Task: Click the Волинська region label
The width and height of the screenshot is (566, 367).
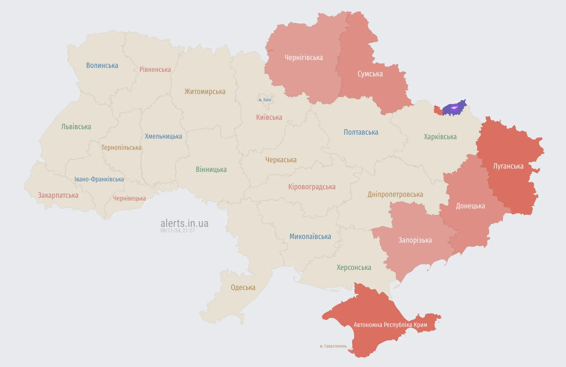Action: click(x=102, y=66)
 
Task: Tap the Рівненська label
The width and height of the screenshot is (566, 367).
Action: click(x=155, y=70)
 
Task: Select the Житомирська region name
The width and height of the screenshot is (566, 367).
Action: click(x=205, y=92)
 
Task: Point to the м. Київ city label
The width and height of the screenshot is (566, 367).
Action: click(x=265, y=100)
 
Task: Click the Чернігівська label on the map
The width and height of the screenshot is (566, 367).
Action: click(x=304, y=58)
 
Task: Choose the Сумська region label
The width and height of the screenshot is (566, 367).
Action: click(x=370, y=74)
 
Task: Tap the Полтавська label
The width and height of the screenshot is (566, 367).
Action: click(x=361, y=132)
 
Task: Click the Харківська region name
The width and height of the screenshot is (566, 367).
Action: click(x=440, y=137)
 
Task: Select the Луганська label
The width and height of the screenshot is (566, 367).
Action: click(x=508, y=166)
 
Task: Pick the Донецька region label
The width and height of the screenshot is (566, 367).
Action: click(x=470, y=206)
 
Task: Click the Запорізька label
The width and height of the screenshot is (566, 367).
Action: click(x=415, y=240)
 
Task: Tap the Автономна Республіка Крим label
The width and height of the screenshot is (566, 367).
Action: click(x=390, y=325)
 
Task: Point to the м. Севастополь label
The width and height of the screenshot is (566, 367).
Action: click(x=333, y=346)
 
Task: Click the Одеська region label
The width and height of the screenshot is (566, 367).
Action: click(x=243, y=288)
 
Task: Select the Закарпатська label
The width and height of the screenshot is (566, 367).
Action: click(x=58, y=195)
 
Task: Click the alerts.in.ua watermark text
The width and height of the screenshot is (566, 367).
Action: click(x=184, y=223)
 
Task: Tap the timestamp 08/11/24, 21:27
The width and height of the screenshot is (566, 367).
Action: click(x=177, y=231)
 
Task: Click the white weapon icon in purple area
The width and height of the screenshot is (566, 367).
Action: click(x=454, y=107)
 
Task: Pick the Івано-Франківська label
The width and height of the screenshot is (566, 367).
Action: click(x=99, y=179)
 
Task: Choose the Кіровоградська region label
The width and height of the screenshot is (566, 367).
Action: click(x=312, y=187)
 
